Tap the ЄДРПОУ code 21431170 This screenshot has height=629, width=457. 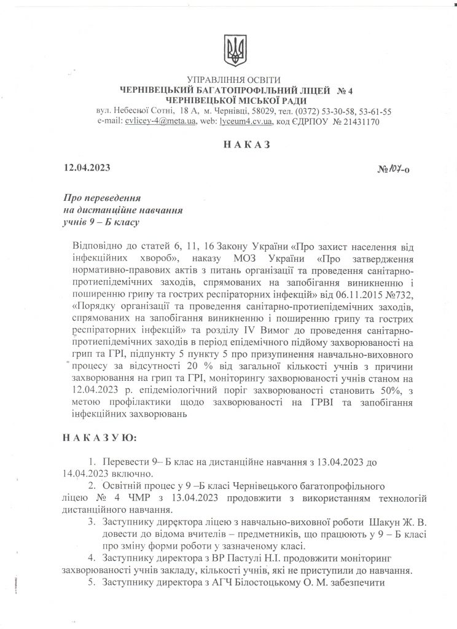pos(359,122)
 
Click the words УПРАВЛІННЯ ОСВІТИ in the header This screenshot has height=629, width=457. pos(232,80)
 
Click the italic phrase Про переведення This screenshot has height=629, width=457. pos(103,198)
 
